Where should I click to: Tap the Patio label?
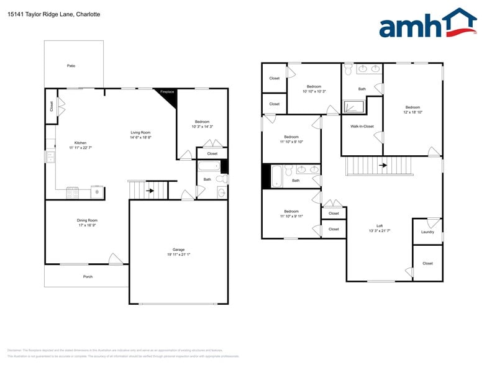(x=71, y=65)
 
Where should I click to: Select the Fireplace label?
(x=167, y=92)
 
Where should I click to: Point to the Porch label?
(x=88, y=277)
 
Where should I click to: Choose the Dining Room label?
(x=87, y=220)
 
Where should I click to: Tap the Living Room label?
(x=140, y=132)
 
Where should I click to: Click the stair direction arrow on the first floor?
(x=150, y=191)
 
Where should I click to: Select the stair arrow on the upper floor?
(x=383, y=165)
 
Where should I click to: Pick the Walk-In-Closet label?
(x=362, y=126)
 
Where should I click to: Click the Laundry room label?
(x=427, y=232)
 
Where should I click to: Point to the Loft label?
(x=380, y=225)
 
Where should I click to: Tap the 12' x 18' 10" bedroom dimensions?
(x=413, y=112)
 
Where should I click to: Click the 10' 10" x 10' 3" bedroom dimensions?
(x=314, y=91)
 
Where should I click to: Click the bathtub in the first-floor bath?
(x=209, y=167)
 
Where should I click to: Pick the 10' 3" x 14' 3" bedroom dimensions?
(x=202, y=127)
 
